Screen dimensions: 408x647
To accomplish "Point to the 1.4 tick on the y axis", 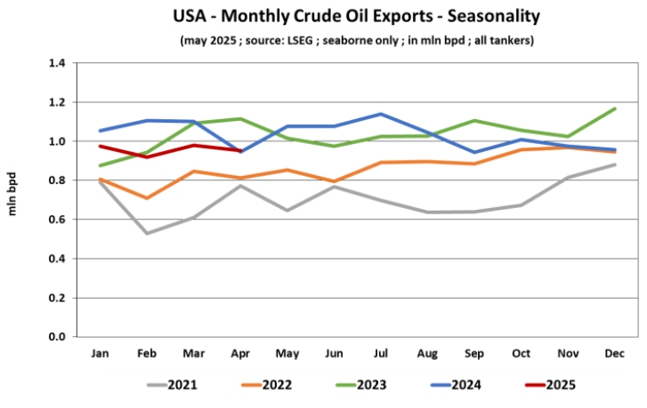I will click(57, 63).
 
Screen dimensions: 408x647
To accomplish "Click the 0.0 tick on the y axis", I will click(57, 337).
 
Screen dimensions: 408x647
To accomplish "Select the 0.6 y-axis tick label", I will click(57, 220).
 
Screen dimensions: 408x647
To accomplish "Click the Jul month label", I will click(382, 354).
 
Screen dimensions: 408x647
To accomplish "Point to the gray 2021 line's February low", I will click(146, 234).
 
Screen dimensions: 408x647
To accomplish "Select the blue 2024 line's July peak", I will click(382, 114).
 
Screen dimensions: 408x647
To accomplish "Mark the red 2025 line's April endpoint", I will click(240, 151).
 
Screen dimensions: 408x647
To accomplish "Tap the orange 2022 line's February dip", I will click(146, 198).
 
